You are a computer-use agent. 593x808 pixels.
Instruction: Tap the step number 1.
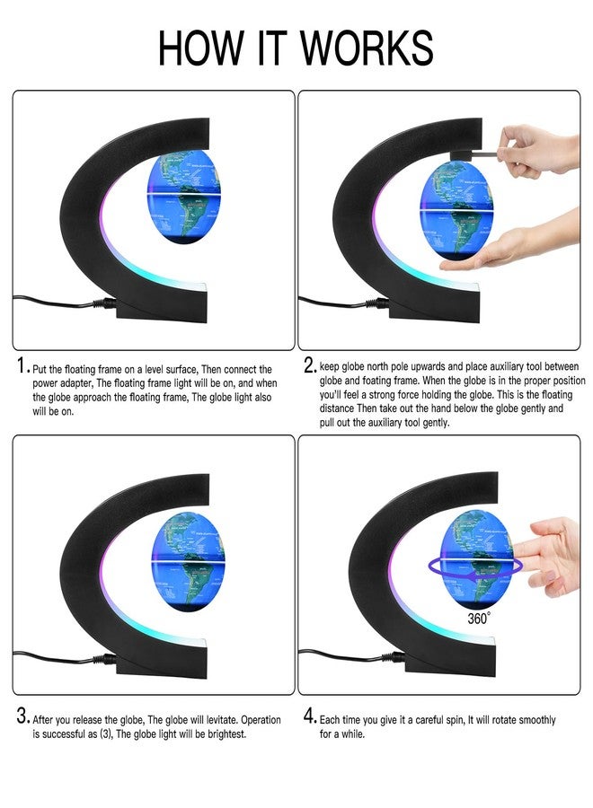(21, 366)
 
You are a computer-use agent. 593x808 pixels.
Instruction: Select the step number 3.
(22, 717)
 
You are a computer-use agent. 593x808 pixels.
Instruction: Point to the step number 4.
(309, 717)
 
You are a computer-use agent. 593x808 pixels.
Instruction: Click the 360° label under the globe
(478, 619)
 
